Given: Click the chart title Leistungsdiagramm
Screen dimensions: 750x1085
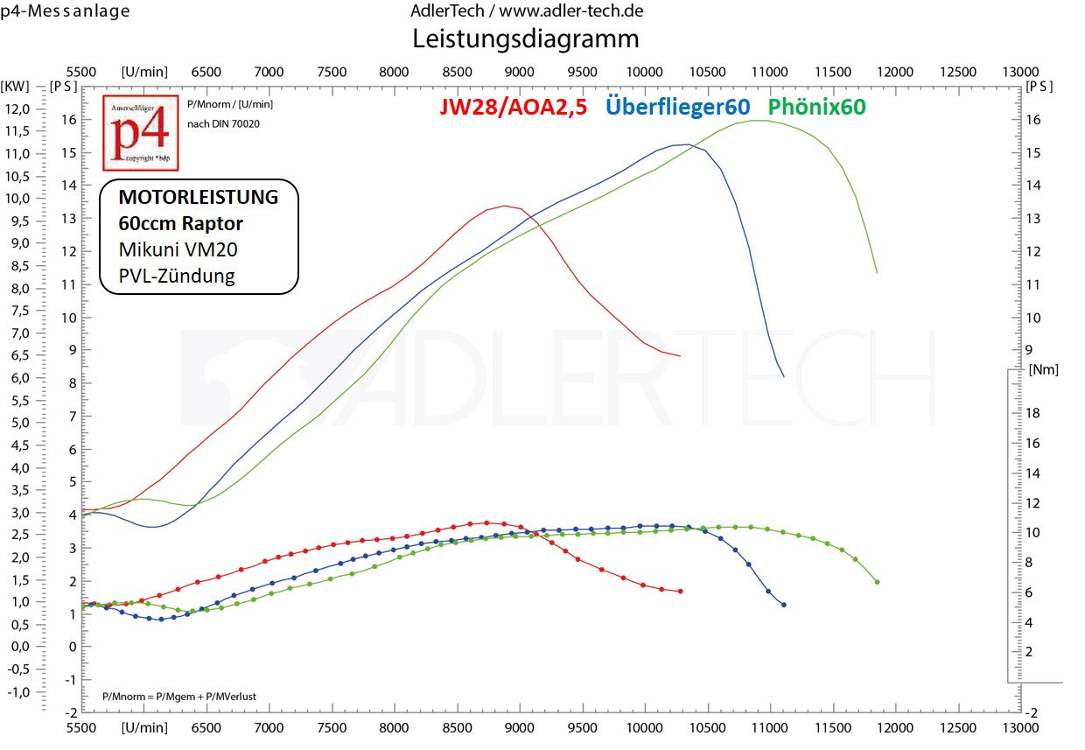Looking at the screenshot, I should click(525, 39).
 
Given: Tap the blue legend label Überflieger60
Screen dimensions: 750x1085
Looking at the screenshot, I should click(677, 107).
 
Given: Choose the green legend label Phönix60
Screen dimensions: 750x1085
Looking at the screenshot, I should click(816, 107).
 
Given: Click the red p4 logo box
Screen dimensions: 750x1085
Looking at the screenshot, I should click(140, 133).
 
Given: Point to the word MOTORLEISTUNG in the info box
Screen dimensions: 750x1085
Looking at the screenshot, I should click(199, 197).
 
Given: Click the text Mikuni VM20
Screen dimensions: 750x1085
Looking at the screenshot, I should click(178, 249).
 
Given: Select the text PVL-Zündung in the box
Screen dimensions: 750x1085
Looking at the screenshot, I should click(177, 276).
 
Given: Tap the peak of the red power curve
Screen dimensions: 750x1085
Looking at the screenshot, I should click(505, 206).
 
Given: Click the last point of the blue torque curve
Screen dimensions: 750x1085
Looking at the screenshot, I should click(783, 605).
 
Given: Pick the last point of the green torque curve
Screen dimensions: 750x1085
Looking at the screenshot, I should click(877, 582).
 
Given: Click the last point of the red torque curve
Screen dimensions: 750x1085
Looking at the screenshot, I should click(680, 592).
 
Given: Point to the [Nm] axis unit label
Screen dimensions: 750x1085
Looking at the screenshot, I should click(1044, 369).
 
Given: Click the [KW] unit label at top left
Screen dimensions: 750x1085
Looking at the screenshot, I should click(16, 86).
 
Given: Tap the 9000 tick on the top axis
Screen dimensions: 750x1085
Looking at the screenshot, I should click(520, 72).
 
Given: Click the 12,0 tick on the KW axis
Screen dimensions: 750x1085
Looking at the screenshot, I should click(17, 109).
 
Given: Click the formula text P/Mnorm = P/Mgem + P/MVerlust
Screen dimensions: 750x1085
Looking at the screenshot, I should click(178, 697).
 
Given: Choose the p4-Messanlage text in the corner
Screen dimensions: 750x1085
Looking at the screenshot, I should click(65, 11).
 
